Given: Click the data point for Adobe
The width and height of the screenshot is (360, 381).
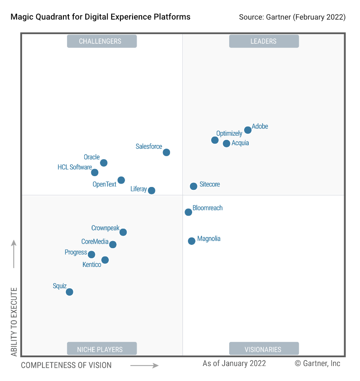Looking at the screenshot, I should [x=247, y=130].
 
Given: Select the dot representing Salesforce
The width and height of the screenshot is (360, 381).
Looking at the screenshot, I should [x=166, y=152].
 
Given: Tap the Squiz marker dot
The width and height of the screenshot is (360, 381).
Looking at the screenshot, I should [x=70, y=292].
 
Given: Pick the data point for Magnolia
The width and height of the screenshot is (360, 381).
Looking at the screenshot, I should [x=192, y=241].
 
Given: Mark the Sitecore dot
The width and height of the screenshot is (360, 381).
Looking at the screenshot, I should [x=193, y=186].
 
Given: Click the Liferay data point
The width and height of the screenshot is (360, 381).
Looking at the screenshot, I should [x=152, y=190].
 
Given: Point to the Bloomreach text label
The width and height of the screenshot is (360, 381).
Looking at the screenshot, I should [x=207, y=208].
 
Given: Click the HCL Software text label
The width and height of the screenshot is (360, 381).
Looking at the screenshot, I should [x=75, y=167].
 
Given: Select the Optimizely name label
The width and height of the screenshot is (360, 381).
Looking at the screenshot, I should [x=229, y=134].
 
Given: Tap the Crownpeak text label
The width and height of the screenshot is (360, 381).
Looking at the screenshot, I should [x=105, y=228].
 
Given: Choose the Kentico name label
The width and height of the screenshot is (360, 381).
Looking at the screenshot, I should [x=92, y=265].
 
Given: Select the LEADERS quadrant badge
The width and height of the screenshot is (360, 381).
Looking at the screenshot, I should [x=263, y=41].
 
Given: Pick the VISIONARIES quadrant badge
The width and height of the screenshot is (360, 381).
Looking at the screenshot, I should [x=263, y=349].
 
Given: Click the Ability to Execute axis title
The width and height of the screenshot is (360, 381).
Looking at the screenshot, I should [x=14, y=321].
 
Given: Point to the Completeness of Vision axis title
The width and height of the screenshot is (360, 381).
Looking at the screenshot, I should [x=66, y=365].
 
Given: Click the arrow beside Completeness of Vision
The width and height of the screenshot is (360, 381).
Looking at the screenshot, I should [x=144, y=365].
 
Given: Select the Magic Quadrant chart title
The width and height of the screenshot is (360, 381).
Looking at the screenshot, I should [x=100, y=17].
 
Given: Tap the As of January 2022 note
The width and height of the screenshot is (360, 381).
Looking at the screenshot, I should [x=234, y=363].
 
